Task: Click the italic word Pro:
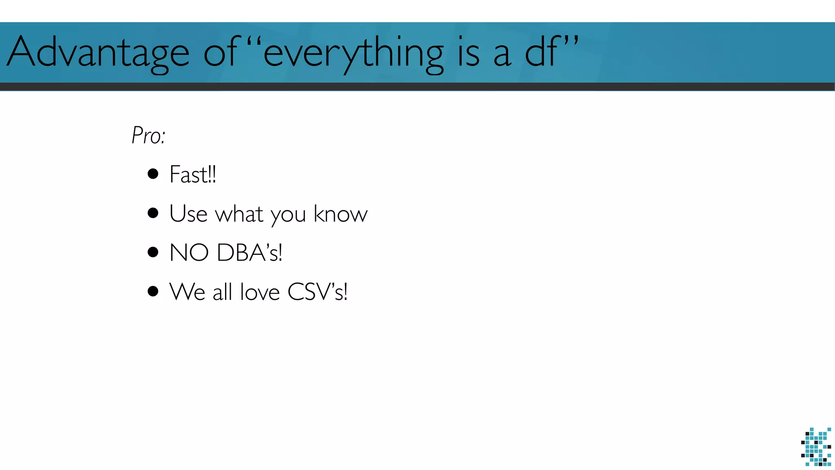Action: click(148, 135)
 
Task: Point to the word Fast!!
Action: click(192, 175)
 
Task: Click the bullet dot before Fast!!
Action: click(153, 174)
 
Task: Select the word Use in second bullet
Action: click(188, 213)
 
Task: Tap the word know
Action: click(340, 213)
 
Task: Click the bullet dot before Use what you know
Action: click(153, 213)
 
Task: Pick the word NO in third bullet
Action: click(189, 253)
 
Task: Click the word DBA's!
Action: click(250, 253)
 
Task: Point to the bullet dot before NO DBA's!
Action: click(153, 252)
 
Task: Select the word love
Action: click(260, 292)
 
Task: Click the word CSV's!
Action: click(318, 292)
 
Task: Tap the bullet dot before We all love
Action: click(153, 291)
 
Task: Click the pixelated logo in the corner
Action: click(816, 447)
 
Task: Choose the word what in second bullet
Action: click(239, 213)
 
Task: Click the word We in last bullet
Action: click(187, 292)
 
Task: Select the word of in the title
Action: click(221, 52)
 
